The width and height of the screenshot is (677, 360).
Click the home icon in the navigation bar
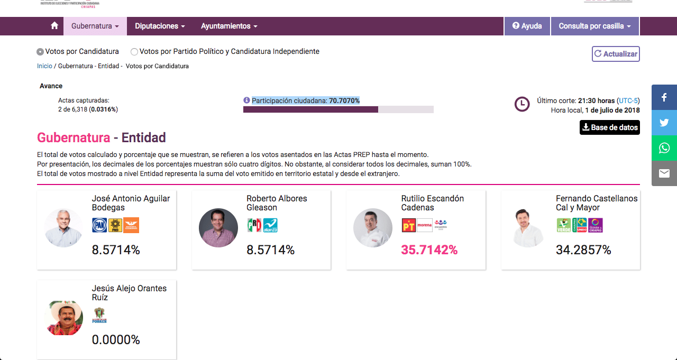54,26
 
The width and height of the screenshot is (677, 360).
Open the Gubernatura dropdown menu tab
95,26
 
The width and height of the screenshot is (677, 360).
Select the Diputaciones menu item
160,26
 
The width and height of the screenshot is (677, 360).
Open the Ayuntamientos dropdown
229,26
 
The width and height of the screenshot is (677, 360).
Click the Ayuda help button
527,26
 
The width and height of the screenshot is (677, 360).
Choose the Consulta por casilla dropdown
595,26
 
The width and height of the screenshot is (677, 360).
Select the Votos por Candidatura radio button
40,52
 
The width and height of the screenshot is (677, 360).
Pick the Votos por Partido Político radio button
134,52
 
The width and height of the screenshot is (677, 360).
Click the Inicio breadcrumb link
44,66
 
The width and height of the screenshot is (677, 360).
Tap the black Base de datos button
610,127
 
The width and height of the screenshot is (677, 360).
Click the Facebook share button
664,97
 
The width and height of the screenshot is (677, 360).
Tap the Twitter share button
664,123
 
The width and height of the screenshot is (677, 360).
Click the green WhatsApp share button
664,148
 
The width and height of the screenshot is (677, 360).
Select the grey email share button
664,173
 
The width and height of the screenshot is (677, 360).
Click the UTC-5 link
628,100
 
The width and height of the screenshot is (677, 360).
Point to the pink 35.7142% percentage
429,250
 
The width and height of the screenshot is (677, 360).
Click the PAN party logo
99,226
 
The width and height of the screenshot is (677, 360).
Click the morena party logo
425,226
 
